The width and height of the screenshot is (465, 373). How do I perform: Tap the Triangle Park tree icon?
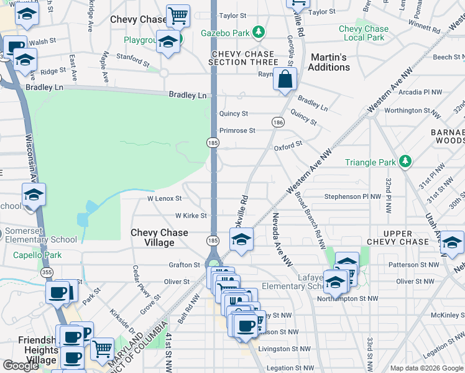405,162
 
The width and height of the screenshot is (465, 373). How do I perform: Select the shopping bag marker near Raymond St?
285,80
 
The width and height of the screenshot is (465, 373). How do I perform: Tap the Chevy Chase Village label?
159,237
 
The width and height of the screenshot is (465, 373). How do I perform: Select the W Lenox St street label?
164,198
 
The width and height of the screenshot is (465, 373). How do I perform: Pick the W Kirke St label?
190,216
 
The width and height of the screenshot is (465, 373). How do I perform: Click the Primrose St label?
237,131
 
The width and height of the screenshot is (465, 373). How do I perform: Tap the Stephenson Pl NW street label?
352,196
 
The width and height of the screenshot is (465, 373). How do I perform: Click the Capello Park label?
37,255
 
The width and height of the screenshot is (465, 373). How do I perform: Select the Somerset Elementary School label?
41,235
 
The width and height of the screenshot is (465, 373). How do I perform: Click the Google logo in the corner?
21,365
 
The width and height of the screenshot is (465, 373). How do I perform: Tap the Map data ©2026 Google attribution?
426,368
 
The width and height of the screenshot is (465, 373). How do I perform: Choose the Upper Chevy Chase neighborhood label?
397,237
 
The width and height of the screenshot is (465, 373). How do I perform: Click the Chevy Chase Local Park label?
364,33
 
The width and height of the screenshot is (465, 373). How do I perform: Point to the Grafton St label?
184,265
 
